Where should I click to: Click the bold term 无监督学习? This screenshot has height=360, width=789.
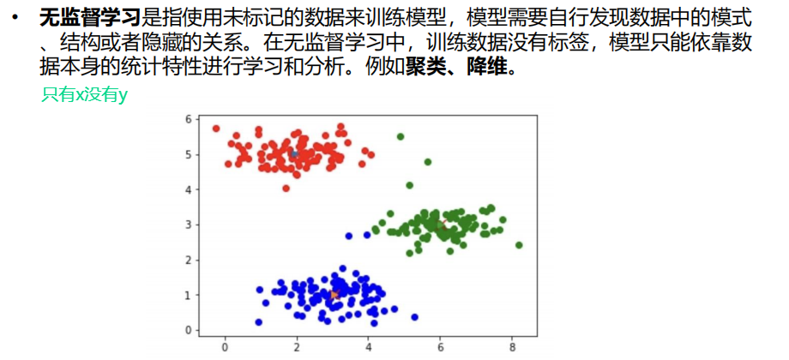pyautogui.click(x=89, y=16)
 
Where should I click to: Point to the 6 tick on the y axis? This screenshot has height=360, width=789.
pyautogui.click(x=189, y=119)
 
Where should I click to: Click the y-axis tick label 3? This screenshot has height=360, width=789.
pyautogui.click(x=189, y=225)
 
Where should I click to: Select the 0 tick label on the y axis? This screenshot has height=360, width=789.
pyautogui.click(x=189, y=330)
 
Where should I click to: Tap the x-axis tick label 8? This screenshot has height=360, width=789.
pyautogui.click(x=512, y=347)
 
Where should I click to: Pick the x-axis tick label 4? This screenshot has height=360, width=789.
pyautogui.click(x=368, y=347)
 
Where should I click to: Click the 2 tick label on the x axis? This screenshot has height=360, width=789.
pyautogui.click(x=297, y=347)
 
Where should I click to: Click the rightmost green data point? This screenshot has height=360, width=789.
pyautogui.click(x=519, y=245)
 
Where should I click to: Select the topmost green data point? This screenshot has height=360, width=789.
pyautogui.click(x=401, y=136)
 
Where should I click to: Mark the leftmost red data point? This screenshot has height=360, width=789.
pyautogui.click(x=216, y=129)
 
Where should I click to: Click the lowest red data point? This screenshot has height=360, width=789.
pyautogui.click(x=286, y=188)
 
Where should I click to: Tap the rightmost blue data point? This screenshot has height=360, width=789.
pyautogui.click(x=414, y=317)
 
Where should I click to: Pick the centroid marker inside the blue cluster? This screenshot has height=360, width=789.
pyautogui.click(x=334, y=295)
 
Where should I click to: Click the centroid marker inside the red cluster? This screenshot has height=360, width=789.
pyautogui.click(x=293, y=155)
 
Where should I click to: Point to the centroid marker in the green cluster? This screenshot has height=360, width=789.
pyautogui.click(x=442, y=225)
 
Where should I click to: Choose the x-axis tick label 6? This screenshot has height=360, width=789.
pyautogui.click(x=440, y=347)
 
